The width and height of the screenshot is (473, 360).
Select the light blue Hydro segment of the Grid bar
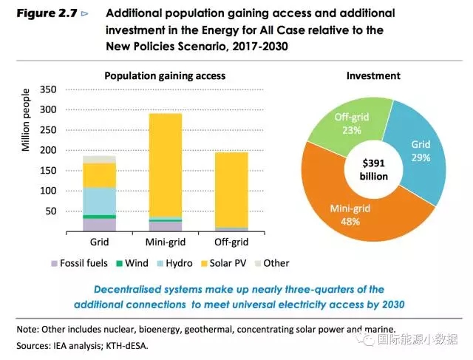(99, 200)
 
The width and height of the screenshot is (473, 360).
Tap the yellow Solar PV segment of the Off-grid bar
(231, 189)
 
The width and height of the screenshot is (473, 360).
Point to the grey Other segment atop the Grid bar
(99, 159)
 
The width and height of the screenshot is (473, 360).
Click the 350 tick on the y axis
(46, 89)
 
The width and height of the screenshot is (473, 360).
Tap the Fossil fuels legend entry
(79, 263)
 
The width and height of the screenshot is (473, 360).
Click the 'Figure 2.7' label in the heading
(47, 14)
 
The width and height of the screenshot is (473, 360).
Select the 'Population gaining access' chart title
(165, 76)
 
